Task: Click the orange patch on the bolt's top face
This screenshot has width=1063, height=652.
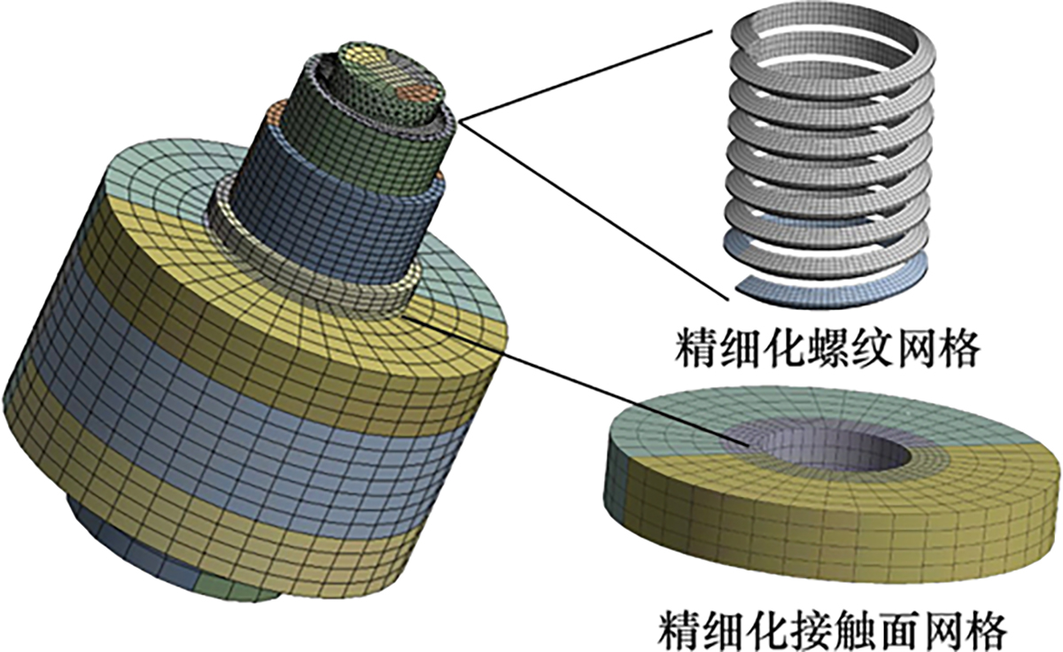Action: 416,91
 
